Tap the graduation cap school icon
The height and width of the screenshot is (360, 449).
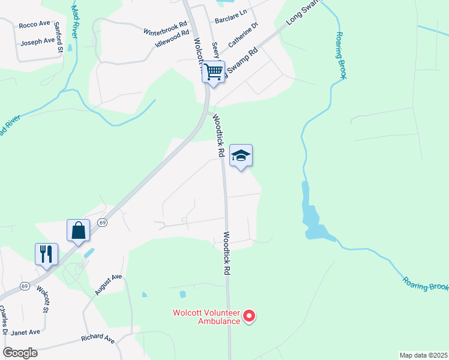coord(241,156)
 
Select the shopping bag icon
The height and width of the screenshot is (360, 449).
coord(78,230)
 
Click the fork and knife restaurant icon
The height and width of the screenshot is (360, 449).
coord(46,254)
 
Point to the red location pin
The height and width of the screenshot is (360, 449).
coord(251,315)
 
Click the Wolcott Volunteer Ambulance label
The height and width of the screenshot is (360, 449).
coord(206,317)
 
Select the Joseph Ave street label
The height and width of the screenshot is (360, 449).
coord(37,43)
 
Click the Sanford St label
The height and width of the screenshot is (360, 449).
coord(59,38)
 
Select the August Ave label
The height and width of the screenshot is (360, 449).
coord(108,284)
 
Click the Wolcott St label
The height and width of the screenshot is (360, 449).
coord(41,298)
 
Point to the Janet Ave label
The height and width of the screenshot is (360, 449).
coord(26,332)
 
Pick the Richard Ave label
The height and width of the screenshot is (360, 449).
coord(97,339)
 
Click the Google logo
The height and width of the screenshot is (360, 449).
coord(20,352)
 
